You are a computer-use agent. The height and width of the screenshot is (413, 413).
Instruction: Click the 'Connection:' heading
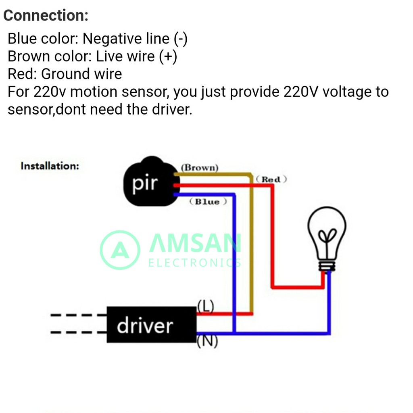[x=46, y=16]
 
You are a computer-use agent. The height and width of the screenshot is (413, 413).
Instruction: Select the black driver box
[x=151, y=325]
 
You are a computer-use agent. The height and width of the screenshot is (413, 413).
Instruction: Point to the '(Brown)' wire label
[x=200, y=167]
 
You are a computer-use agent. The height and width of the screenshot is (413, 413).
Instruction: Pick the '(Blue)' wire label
[x=208, y=202]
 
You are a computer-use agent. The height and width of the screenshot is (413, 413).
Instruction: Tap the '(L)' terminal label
[x=205, y=306]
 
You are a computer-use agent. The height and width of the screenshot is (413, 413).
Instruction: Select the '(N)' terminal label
[x=207, y=341]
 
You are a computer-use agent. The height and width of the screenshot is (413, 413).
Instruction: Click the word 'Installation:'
[x=50, y=166]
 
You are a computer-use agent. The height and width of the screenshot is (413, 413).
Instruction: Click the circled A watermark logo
[x=120, y=250]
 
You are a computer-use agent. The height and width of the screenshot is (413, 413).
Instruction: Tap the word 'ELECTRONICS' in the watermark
[x=195, y=263]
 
